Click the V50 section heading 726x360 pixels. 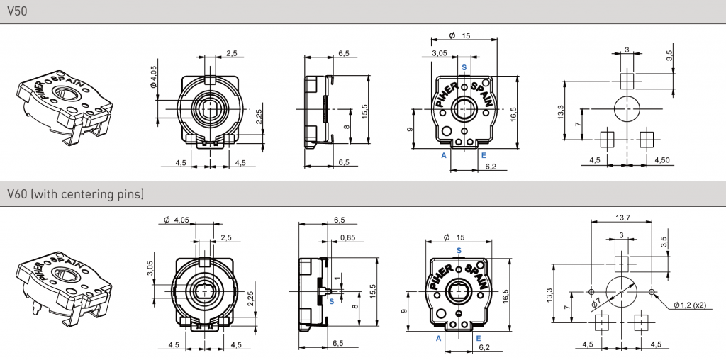17,11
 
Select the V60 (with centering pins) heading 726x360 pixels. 75,193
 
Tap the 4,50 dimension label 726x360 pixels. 661,160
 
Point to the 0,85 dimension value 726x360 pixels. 347,238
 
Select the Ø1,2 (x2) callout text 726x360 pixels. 689,305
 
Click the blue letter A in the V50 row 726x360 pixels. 444,155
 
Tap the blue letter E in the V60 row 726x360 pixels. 479,338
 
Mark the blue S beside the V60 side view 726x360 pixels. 332,302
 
